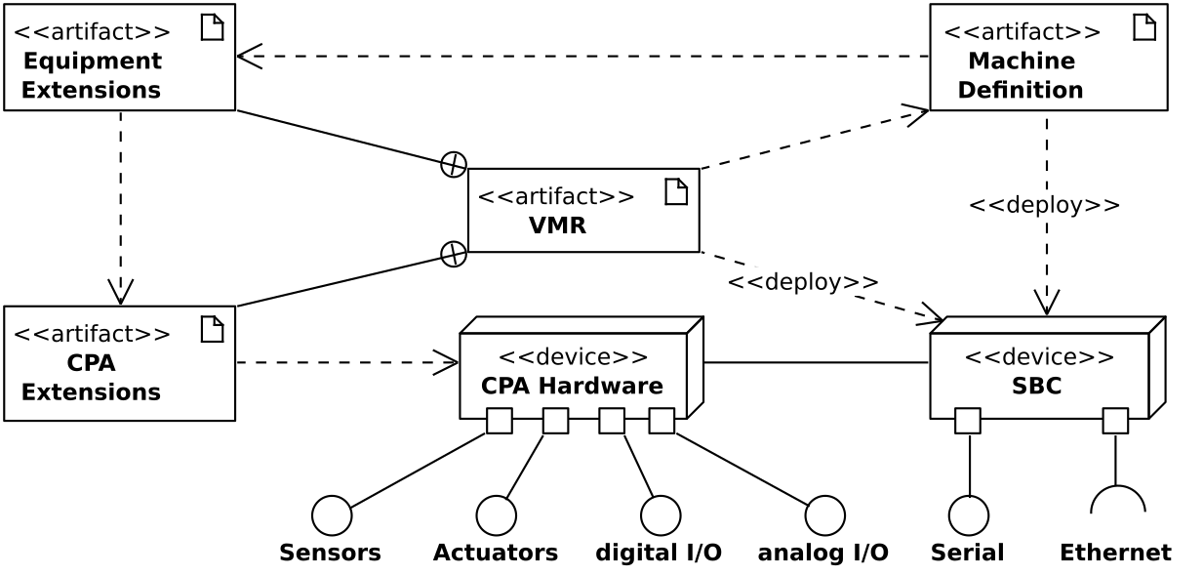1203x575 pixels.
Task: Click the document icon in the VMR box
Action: [676, 192]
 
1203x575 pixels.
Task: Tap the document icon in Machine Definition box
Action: [1144, 27]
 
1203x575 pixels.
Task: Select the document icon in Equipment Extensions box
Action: [212, 27]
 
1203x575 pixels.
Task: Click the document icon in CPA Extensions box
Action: [212, 329]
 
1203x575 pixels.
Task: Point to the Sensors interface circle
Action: [332, 515]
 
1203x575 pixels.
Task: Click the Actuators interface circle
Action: [496, 515]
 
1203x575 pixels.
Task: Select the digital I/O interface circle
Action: [661, 515]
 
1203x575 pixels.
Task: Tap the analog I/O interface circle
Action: [825, 515]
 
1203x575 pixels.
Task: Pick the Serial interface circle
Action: [969, 515]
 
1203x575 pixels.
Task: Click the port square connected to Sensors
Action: [500, 421]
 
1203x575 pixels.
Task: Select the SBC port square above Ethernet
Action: [1115, 421]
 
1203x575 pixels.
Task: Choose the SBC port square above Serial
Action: [968, 421]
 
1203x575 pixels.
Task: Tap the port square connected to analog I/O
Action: [662, 421]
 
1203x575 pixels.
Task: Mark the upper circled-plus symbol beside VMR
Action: [454, 165]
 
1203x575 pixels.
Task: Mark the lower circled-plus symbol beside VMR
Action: [454, 254]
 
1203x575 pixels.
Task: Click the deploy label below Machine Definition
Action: [1044, 205]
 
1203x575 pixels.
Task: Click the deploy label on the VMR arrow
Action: [803, 282]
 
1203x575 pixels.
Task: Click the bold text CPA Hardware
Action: [572, 386]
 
